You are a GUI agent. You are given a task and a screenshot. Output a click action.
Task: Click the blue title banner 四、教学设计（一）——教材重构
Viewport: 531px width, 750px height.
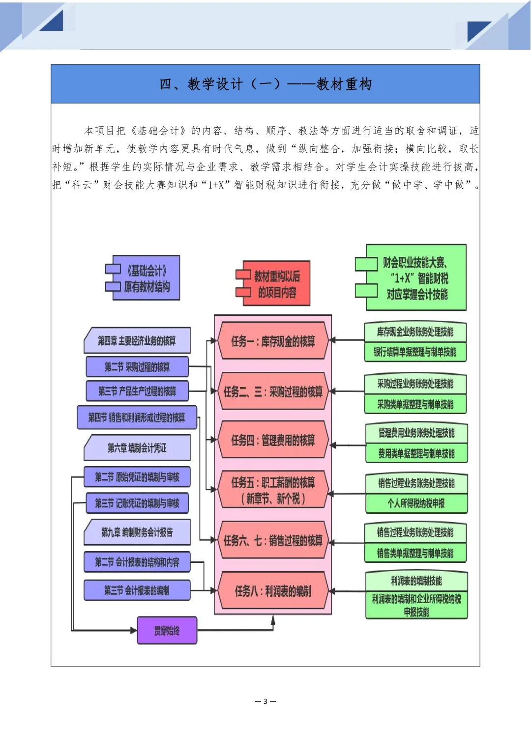pyautogui.click(x=265, y=83)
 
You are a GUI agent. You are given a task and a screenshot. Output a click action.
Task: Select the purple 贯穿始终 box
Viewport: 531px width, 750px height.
pyautogui.click(x=167, y=631)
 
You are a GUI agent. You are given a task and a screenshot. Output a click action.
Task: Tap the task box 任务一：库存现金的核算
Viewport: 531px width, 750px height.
pyautogui.click(x=273, y=341)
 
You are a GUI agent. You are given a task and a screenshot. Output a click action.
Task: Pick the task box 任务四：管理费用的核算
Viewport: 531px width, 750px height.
pyautogui.click(x=273, y=440)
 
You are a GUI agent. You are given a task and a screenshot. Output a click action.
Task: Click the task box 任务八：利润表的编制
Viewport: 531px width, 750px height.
pyautogui.click(x=273, y=591)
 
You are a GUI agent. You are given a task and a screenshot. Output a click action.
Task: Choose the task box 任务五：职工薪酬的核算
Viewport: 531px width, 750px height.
pyautogui.click(x=273, y=490)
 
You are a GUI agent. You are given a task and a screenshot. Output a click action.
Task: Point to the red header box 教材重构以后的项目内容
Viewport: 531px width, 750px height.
pyautogui.click(x=273, y=283)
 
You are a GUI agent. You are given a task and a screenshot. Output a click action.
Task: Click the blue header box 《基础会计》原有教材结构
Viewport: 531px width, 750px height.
pyautogui.click(x=143, y=278)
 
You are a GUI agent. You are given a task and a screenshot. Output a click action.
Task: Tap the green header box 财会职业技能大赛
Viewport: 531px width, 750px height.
pyautogui.click(x=411, y=278)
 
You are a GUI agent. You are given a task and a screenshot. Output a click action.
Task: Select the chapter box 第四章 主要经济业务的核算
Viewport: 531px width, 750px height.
pyautogui.click(x=137, y=340)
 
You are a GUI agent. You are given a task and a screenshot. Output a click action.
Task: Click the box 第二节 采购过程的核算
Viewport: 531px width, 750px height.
pyautogui.click(x=137, y=366)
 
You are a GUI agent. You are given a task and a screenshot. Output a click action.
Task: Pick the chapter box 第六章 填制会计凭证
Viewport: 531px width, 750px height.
pyautogui.click(x=137, y=447)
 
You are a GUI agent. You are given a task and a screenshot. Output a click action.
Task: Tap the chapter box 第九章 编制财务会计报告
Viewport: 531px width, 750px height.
pyautogui.click(x=137, y=532)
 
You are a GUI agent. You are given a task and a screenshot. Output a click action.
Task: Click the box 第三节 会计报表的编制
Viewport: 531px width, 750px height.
pyautogui.click(x=137, y=590)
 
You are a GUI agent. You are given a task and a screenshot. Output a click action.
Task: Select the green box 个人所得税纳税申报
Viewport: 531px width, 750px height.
pyautogui.click(x=416, y=503)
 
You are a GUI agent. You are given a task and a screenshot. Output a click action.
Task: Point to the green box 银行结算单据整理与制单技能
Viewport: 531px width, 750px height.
pyautogui.click(x=415, y=352)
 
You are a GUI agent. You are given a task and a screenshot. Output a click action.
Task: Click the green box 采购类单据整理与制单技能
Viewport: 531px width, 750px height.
pyautogui.click(x=415, y=404)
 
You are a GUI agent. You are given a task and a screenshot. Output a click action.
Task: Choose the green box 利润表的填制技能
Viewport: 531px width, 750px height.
pyautogui.click(x=416, y=581)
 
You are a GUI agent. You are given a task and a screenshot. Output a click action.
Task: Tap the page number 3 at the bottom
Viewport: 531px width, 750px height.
pyautogui.click(x=265, y=701)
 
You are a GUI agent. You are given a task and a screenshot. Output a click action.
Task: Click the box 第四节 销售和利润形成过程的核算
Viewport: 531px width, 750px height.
pyautogui.click(x=137, y=417)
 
